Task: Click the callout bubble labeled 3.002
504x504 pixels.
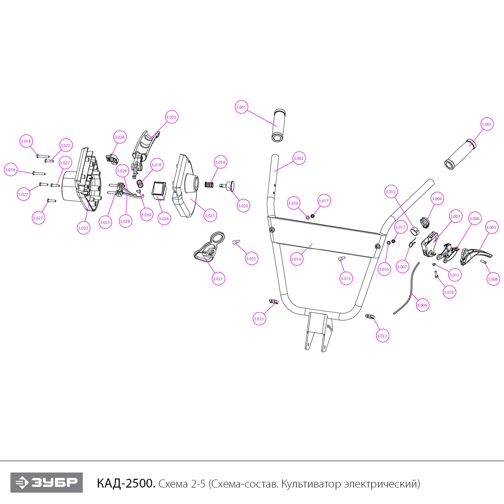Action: coord(299,158)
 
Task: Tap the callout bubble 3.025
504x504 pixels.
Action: coord(171,117)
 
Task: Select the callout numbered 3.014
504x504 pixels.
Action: coord(296,259)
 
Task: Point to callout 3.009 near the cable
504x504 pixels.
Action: coord(422,305)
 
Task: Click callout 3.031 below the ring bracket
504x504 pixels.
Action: coord(218,279)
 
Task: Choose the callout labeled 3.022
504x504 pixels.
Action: coord(83,228)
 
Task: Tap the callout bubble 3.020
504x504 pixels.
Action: coord(243,206)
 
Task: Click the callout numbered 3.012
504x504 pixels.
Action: coord(391,192)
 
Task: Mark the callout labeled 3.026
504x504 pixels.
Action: coord(164,218)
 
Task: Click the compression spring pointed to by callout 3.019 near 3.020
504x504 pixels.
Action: coord(209,185)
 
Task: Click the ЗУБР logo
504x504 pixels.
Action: coord(46,482)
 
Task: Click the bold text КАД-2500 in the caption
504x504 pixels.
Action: coord(126,484)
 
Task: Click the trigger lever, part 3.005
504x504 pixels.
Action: coord(475,256)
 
